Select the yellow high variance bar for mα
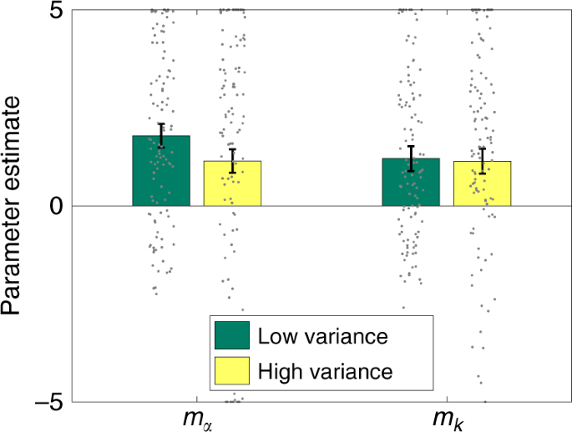coord(233,183)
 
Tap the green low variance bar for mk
coord(411,182)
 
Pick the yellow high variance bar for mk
coord(482,183)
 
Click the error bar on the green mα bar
coord(161,135)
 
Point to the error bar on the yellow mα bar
coord(233,161)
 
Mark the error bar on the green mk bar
coord(411,158)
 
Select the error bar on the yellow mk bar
coord(482,161)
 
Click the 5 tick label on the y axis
coord(60,11)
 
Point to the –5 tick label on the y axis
coord(52,401)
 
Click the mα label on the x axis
coord(200,419)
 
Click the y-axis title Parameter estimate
coord(17,206)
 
